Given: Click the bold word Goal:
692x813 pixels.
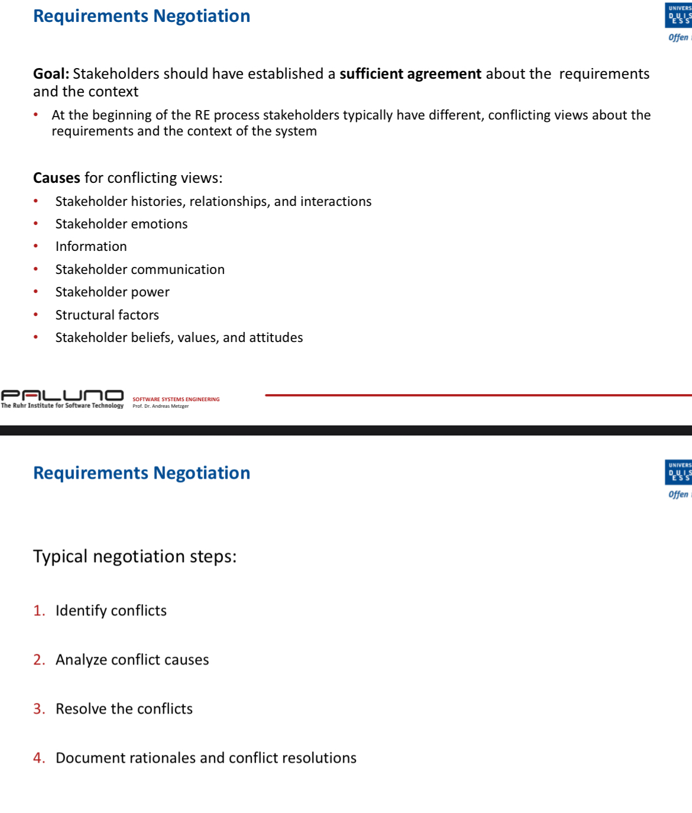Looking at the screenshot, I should (x=51, y=74).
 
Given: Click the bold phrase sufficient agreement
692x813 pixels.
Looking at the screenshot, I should (x=410, y=74).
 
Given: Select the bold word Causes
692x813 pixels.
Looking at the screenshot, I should (x=56, y=178).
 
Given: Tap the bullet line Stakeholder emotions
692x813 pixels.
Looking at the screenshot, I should (x=121, y=224).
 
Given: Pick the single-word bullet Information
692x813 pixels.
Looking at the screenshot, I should (x=91, y=247).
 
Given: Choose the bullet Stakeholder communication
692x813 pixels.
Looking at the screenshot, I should (x=140, y=270).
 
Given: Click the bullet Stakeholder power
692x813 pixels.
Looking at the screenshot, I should (x=112, y=292).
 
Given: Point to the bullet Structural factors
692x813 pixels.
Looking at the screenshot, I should (x=107, y=315).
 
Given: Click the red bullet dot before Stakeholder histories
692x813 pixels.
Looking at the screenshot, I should (x=36, y=201).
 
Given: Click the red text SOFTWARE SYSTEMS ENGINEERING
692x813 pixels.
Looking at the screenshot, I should (x=176, y=399).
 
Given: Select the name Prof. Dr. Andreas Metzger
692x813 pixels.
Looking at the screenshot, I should (x=160, y=406).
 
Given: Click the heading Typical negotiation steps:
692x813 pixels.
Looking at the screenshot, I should (x=135, y=557).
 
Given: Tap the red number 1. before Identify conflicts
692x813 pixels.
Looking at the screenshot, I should (x=39, y=611).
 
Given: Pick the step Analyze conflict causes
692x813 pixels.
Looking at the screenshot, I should (x=132, y=660).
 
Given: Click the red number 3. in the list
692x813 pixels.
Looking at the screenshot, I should (x=39, y=709).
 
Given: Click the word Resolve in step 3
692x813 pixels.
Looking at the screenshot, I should (x=81, y=709).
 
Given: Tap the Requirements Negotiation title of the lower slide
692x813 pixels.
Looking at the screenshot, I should (x=141, y=473).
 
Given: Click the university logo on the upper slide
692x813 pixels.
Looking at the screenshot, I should (x=678, y=16).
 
